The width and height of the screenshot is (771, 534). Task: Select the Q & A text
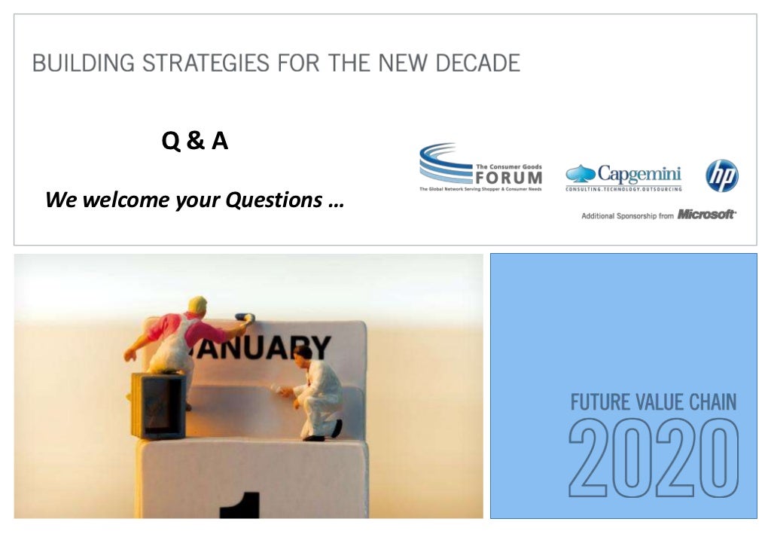pos(195,141)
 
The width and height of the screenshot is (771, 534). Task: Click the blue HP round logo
pos(721,175)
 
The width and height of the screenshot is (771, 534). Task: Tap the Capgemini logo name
pos(638,173)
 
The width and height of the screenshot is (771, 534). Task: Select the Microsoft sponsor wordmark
pos(706,215)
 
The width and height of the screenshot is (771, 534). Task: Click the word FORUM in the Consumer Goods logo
pos(508,178)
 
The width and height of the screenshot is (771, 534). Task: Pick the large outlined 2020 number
pos(653,458)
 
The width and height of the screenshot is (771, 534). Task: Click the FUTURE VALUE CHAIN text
pos(653,401)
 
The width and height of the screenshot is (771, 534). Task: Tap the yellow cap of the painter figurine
pos(197,304)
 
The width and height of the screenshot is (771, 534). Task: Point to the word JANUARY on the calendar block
pos(260,347)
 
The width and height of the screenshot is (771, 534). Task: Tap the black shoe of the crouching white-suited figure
pos(336,428)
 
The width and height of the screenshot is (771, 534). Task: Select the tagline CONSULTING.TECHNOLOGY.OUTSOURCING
pos(623,189)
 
